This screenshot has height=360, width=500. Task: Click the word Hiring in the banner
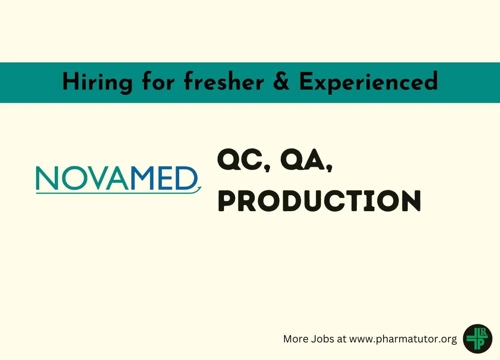pyautogui.click(x=97, y=82)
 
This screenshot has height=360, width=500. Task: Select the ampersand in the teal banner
pyautogui.click(x=282, y=82)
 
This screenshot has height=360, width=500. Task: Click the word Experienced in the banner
pyautogui.click(x=368, y=82)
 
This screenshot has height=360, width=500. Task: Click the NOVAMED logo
pyautogui.click(x=118, y=180)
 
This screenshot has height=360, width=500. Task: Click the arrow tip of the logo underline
pyautogui.click(x=201, y=187)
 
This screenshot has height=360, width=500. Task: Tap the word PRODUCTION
pyautogui.click(x=319, y=201)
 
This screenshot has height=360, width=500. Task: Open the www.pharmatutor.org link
pyautogui.click(x=403, y=339)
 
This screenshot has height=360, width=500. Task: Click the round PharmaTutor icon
pyautogui.click(x=478, y=338)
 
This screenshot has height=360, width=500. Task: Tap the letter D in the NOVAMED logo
pyautogui.click(x=187, y=178)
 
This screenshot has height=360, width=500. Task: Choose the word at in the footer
pyautogui.click(x=342, y=339)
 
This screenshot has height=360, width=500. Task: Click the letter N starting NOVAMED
pyautogui.click(x=47, y=178)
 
